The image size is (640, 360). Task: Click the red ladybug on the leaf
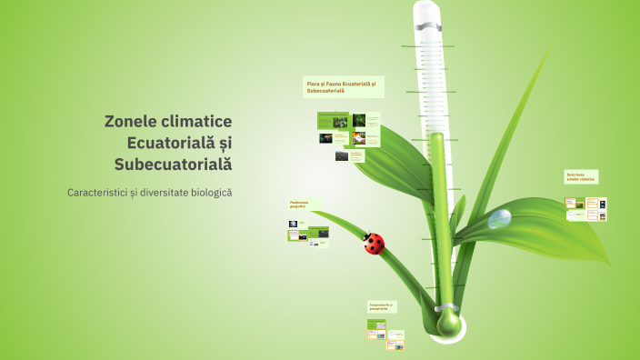point(374,243)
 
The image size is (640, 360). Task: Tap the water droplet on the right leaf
point(499,218)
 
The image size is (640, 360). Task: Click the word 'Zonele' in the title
point(135,121)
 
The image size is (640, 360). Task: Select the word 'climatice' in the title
point(201,121)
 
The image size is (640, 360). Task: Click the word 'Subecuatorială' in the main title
point(174,165)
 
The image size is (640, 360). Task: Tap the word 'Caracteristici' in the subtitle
point(96,193)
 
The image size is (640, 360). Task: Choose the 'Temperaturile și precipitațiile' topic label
point(382,307)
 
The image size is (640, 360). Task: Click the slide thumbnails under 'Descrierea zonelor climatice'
point(585,210)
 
